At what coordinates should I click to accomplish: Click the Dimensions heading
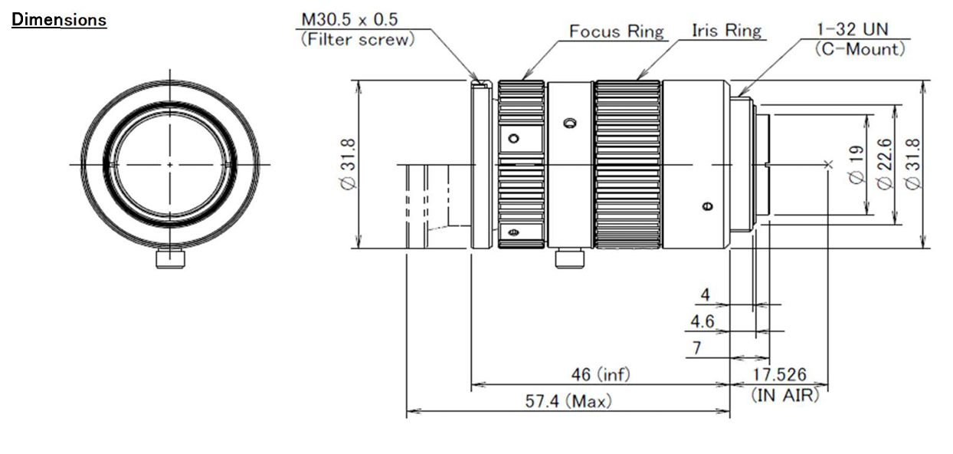point(59,20)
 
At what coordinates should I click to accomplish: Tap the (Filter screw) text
point(357,40)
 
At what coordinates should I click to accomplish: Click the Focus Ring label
point(617,31)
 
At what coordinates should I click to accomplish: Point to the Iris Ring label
point(726,31)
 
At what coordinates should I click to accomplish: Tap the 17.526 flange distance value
point(781,374)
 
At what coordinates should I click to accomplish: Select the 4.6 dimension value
point(702,321)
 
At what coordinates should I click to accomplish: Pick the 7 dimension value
point(696,348)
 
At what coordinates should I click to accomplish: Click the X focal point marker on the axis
point(827,163)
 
